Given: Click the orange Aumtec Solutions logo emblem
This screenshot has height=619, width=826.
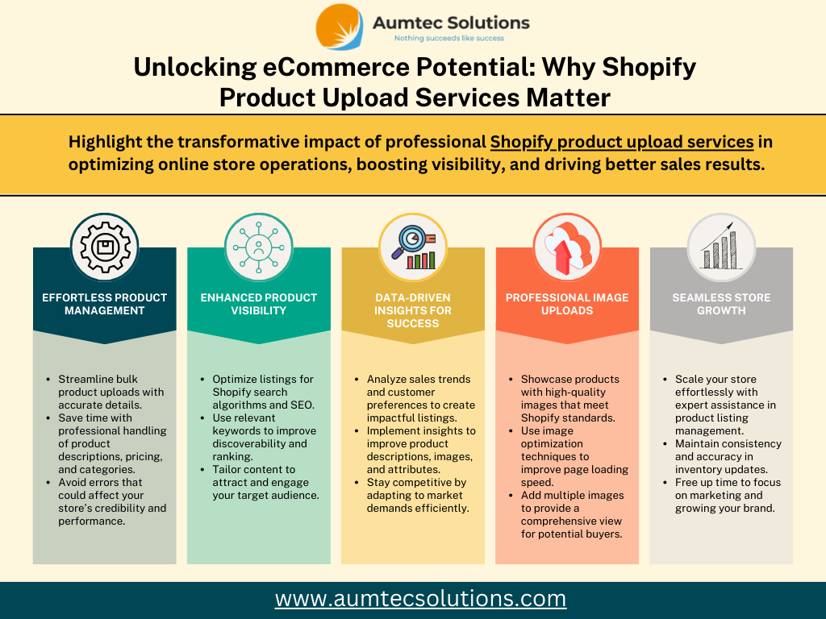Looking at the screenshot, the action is [340, 27].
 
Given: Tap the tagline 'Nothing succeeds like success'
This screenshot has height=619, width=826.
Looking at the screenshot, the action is [449, 39].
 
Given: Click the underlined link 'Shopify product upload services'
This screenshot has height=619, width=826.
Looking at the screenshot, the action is [622, 142].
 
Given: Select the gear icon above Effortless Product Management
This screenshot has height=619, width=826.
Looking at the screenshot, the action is [105, 247].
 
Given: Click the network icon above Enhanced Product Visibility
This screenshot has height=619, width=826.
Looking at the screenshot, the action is [259, 247].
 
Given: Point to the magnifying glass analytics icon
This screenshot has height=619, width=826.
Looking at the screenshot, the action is [413, 247].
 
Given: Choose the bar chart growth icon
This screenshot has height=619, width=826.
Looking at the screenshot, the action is [721, 246].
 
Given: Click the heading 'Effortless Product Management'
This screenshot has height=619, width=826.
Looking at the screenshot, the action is [104, 304].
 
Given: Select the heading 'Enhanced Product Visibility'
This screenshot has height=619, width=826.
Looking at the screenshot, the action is [259, 304].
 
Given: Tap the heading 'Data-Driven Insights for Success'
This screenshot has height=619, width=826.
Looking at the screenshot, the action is [413, 310].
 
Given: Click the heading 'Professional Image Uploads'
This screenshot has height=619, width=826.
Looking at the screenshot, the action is [567, 304].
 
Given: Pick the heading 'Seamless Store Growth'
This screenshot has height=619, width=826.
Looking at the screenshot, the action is [721, 304].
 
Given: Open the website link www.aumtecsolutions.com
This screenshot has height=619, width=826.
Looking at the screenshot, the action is [420, 599].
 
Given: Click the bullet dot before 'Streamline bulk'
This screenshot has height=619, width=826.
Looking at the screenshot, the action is [48, 380].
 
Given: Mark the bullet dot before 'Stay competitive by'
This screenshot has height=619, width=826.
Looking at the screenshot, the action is [357, 483].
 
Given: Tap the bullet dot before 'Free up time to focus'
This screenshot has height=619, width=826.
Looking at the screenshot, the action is [665, 483].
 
